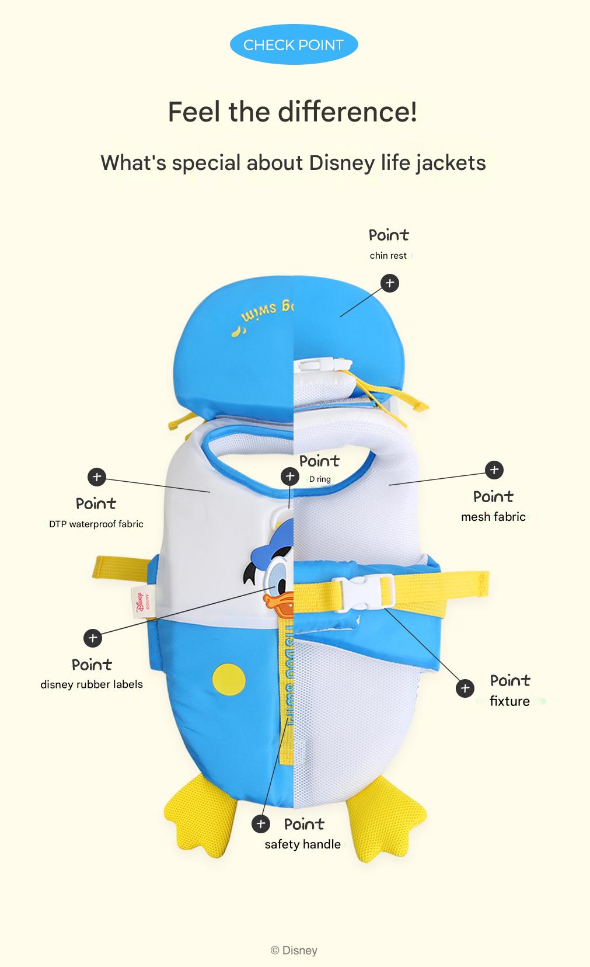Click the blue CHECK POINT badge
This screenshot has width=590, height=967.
tap(294, 44)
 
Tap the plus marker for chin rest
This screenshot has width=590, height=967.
tap(390, 283)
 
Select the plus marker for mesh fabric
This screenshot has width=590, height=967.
tap(494, 470)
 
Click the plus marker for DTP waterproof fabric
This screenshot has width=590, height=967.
tap(97, 477)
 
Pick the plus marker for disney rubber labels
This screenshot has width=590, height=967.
tap(93, 638)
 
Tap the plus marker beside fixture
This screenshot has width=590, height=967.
tap(465, 688)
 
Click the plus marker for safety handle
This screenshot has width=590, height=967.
tap(261, 824)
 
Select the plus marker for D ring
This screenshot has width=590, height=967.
tap(290, 476)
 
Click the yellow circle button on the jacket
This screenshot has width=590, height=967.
tap(229, 680)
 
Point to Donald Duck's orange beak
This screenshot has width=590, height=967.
tap(278, 604)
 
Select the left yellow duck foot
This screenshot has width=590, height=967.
tap(201, 814)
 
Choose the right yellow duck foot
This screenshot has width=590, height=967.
tap(386, 819)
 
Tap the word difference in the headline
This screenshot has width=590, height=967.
tap(347, 112)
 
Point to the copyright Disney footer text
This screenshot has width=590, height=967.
tap(294, 950)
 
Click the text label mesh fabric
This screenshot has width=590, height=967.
tap(493, 517)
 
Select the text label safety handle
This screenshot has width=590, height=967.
tap(303, 844)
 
